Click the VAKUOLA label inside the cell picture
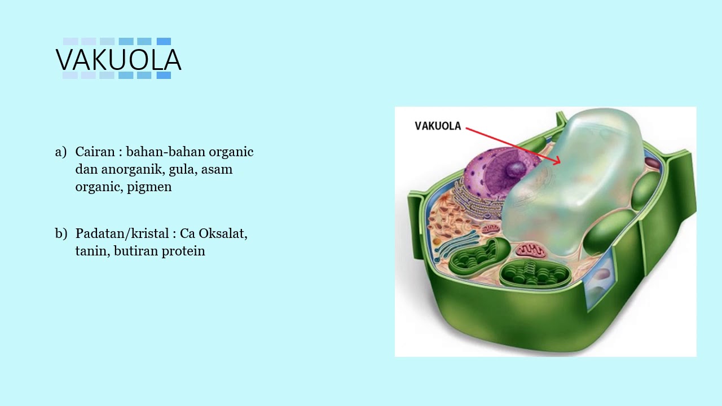pos(438,126)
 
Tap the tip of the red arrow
pos(560,163)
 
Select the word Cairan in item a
pos(94,152)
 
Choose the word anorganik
pos(133,169)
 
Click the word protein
pos(183,251)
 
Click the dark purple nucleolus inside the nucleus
pos(514,168)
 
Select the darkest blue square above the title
pos(164,41)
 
